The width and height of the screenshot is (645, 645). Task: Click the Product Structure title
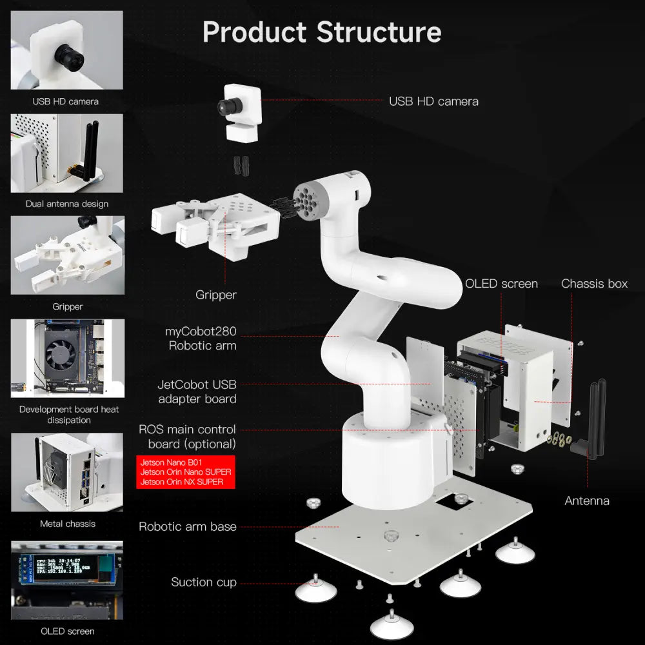[x=322, y=32]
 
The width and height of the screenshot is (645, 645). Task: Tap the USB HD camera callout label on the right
[x=433, y=101]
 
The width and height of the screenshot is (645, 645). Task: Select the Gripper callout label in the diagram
[x=216, y=295]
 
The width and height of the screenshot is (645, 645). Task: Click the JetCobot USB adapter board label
[x=197, y=392]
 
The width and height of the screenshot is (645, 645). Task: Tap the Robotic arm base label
[x=187, y=526]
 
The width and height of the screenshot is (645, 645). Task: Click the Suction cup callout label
[x=203, y=582]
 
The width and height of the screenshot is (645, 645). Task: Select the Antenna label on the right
[x=587, y=501]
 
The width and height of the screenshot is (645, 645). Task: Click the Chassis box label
[x=594, y=284]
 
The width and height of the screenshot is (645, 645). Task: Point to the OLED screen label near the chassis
[x=501, y=284]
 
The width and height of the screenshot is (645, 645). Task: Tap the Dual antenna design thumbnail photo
[x=67, y=153]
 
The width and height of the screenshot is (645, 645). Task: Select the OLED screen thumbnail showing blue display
[x=67, y=579]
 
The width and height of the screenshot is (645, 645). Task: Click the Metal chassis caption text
[x=67, y=524]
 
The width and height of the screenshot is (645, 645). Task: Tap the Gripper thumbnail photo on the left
[x=67, y=255]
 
